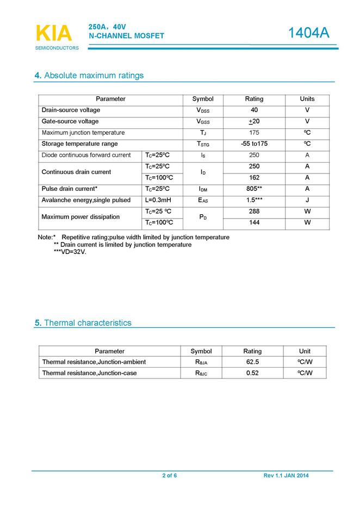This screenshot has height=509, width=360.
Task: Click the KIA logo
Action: click(x=54, y=34)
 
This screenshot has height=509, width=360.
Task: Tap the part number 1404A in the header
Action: click(x=308, y=33)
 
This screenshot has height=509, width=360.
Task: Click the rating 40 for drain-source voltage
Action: click(x=254, y=110)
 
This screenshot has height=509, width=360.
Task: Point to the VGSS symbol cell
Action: click(x=203, y=121)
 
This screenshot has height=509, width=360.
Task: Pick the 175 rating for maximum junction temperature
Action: click(x=254, y=133)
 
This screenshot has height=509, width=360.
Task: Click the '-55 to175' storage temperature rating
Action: click(x=254, y=144)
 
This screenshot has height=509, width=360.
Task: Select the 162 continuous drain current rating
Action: click(x=254, y=178)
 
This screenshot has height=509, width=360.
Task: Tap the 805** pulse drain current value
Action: click(x=254, y=189)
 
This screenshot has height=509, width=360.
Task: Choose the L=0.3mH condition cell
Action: click(x=158, y=200)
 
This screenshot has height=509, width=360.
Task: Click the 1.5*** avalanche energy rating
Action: click(x=254, y=200)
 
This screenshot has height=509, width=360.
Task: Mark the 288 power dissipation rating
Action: click(x=254, y=212)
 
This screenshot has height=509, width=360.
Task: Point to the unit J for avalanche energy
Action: click(x=307, y=200)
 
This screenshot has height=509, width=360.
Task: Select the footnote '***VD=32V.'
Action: click(x=70, y=252)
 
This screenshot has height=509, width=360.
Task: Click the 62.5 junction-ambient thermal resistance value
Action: click(x=252, y=362)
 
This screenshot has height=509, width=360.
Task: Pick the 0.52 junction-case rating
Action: click(x=252, y=373)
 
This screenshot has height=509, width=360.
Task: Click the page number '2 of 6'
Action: click(x=169, y=476)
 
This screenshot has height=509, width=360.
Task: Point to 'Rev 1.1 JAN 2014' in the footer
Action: click(x=286, y=476)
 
